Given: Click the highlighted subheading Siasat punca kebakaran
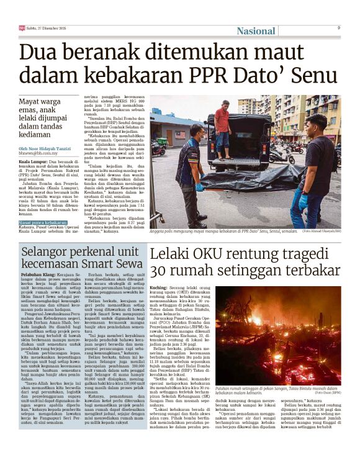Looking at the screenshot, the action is click(x=43, y=222).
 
